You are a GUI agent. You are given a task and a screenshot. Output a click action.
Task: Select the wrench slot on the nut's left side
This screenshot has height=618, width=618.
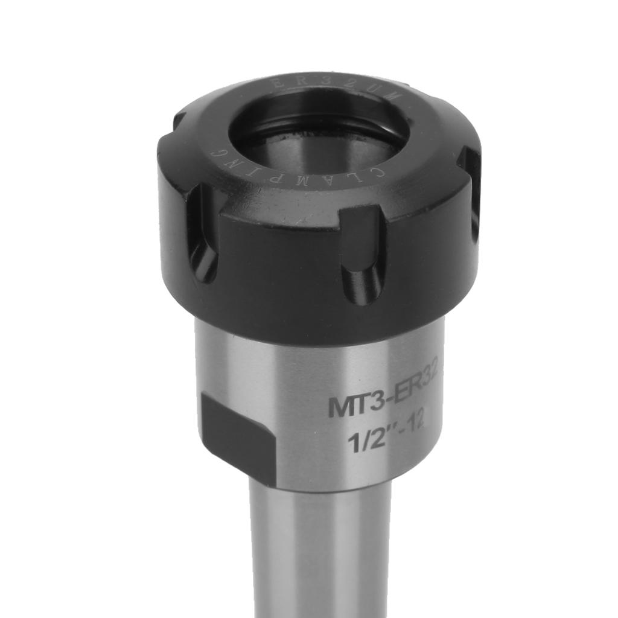click(202, 232)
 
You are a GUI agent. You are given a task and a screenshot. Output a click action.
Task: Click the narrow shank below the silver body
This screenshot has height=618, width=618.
click(320, 555)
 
